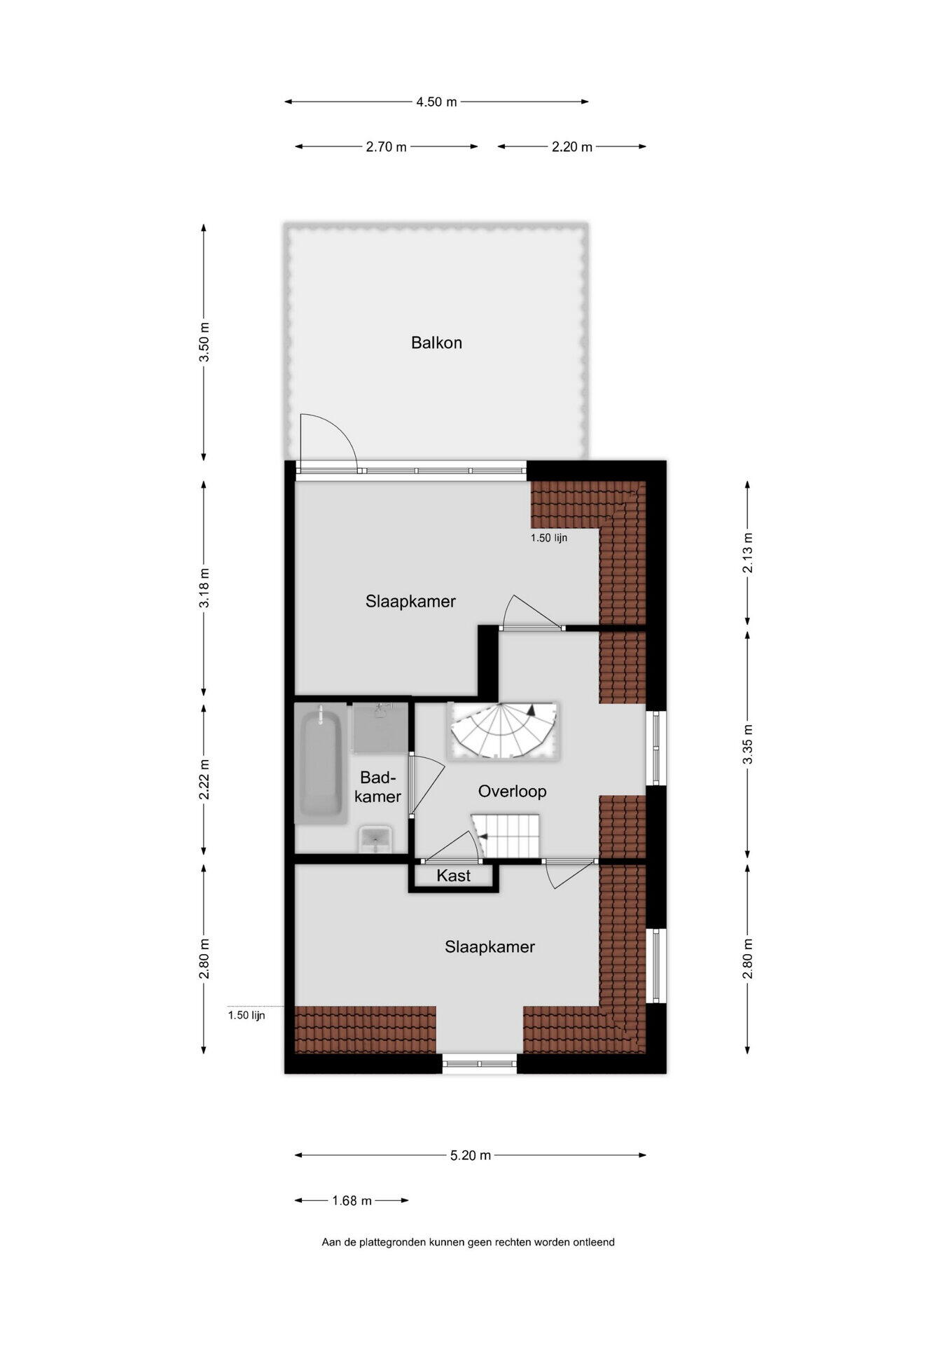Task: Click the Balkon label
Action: click(x=436, y=343)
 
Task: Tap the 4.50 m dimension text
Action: click(x=436, y=102)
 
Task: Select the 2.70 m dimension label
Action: click(x=386, y=146)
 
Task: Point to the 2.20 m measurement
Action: click(x=571, y=146)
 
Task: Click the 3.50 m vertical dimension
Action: click(x=204, y=342)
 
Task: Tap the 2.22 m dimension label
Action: click(x=204, y=779)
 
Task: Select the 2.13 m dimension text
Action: click(x=748, y=553)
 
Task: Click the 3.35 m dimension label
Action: click(x=748, y=743)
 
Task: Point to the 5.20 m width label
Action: click(x=470, y=1155)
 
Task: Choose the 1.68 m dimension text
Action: click(x=352, y=1201)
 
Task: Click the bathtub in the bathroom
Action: click(x=321, y=764)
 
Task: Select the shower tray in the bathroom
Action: click(x=380, y=728)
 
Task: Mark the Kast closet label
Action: click(x=453, y=876)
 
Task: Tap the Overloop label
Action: click(x=512, y=791)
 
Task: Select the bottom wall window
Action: click(x=480, y=1064)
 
